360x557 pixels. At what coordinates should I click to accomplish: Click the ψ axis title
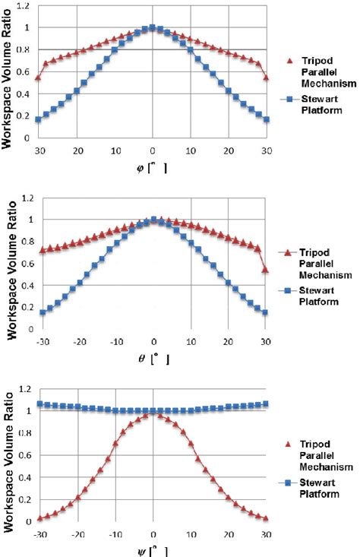pyautogui.click(x=153, y=549)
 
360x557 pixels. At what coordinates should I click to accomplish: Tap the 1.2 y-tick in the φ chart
pyautogui.click(x=27, y=6)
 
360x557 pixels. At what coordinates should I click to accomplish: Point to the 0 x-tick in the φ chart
pyautogui.click(x=153, y=150)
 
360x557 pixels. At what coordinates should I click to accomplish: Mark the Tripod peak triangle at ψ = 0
pyautogui.click(x=153, y=414)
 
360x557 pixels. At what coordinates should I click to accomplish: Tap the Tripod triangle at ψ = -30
pyautogui.click(x=40, y=518)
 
